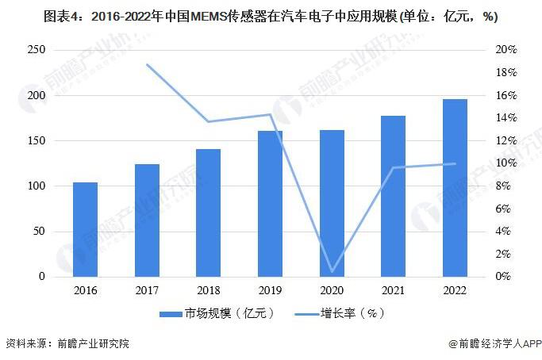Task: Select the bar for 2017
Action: pos(147,220)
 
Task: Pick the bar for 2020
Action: pos(332,204)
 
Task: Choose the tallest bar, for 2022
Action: pos(455,188)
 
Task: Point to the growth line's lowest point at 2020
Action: pos(332,272)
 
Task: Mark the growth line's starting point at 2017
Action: pos(147,64)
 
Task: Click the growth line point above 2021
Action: pos(394,167)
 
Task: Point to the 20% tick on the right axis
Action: pos(506,50)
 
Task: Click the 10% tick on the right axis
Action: pos(506,163)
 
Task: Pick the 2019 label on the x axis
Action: pos(270,290)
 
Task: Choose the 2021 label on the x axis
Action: pos(394,290)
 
